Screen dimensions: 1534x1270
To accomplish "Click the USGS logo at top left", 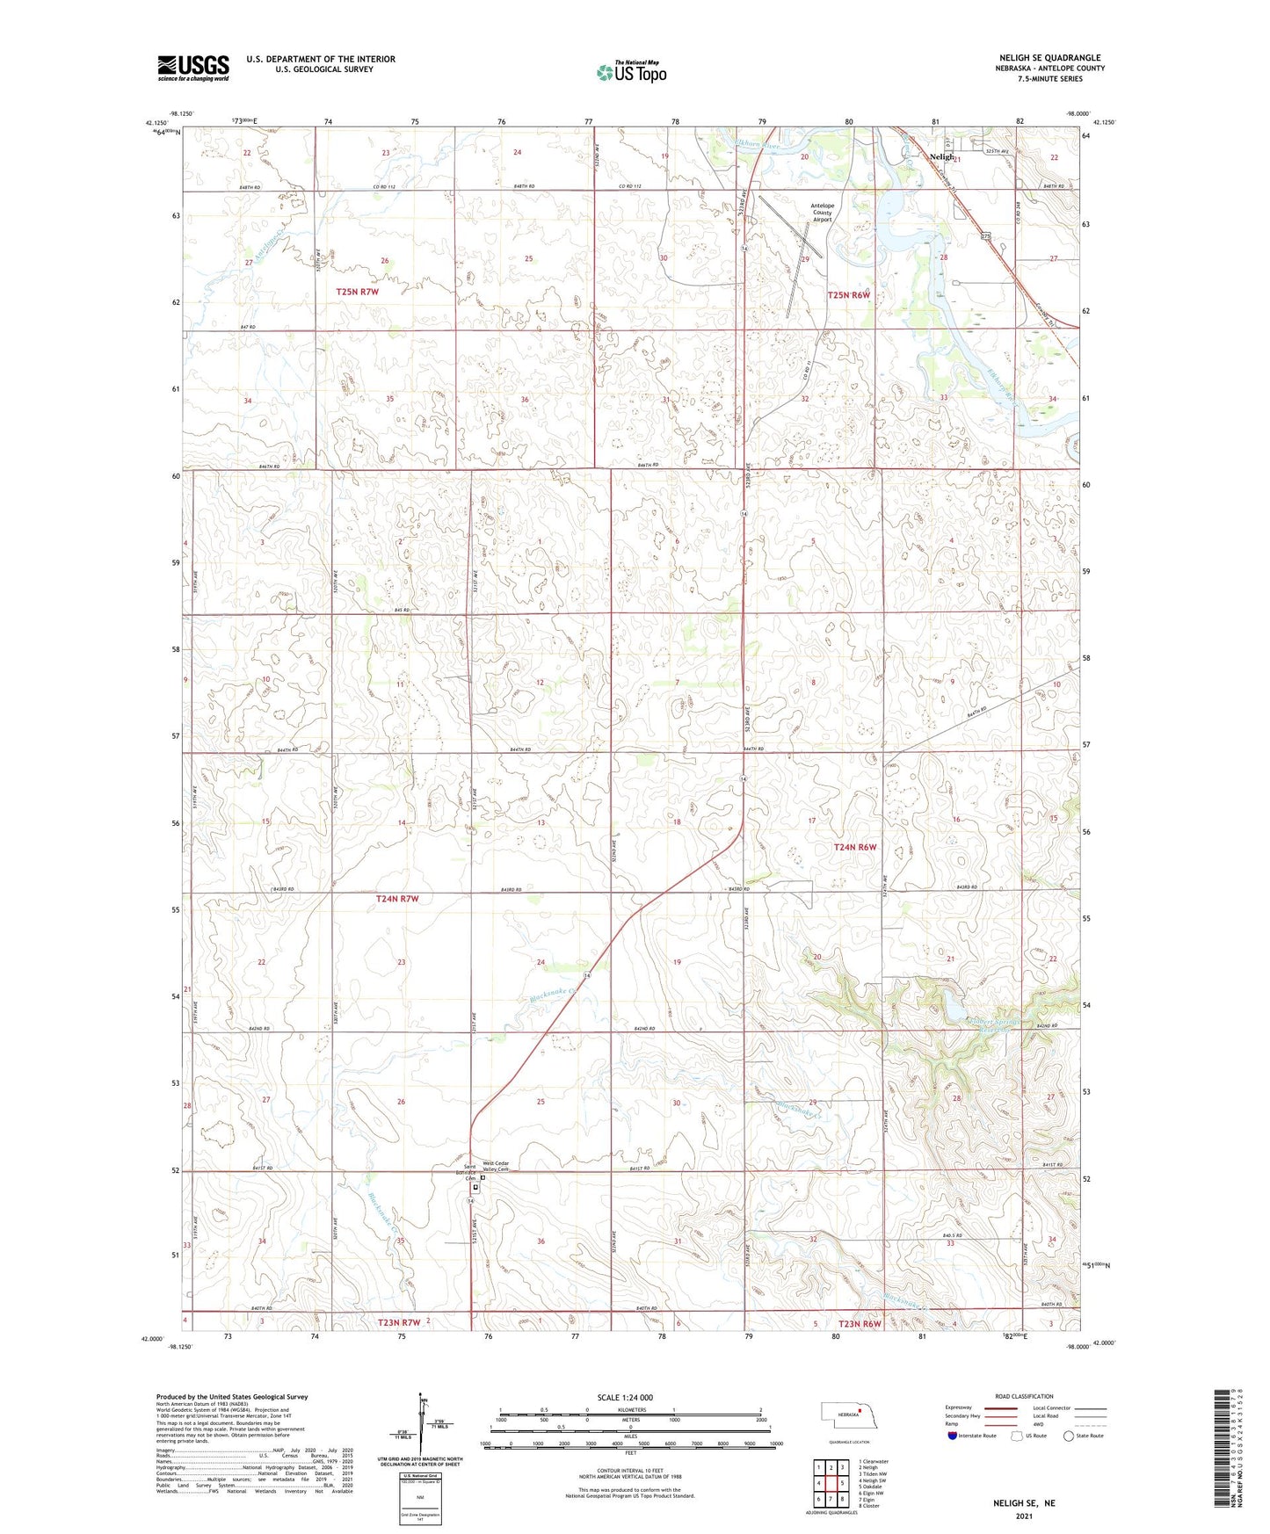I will (x=193, y=68).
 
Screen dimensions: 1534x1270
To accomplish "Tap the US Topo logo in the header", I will (x=630, y=72).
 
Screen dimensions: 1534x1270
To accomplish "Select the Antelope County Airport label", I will (x=822, y=213).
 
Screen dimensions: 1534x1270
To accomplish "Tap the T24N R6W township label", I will (x=854, y=847).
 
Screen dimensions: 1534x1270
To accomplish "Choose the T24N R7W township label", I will (x=397, y=899).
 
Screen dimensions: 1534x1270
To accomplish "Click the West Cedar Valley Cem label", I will (x=496, y=1167).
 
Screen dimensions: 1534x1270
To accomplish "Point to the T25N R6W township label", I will (x=848, y=295).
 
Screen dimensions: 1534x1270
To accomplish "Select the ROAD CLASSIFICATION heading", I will (x=1024, y=1396).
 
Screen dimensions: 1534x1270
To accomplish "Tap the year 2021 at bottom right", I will (x=1024, y=1516).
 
